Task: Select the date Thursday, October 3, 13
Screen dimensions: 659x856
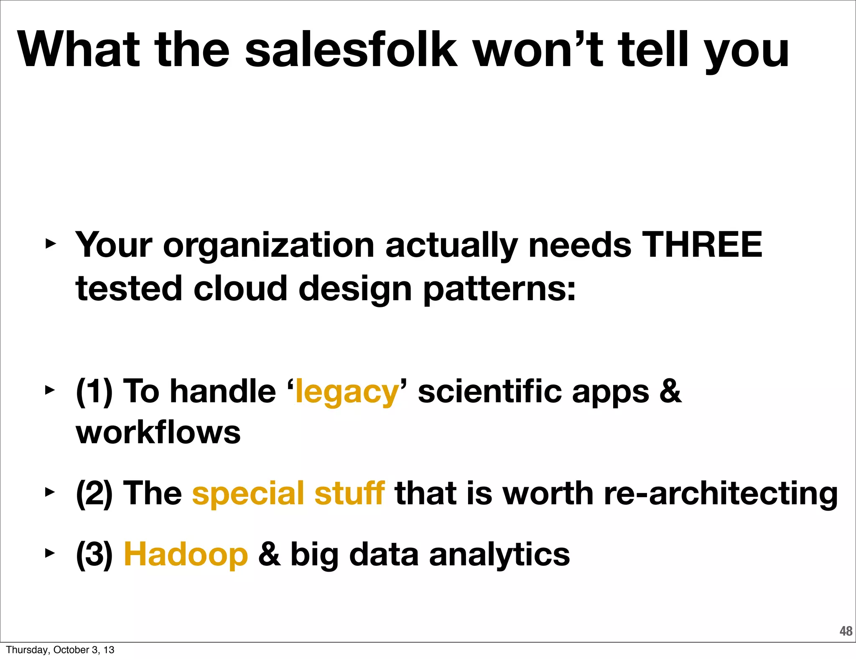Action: (60, 650)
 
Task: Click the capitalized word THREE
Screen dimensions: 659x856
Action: (702, 245)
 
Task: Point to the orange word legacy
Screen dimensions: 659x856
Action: (347, 392)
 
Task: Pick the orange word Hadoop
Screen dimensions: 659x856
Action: (186, 554)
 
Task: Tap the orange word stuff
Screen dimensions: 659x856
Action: (349, 493)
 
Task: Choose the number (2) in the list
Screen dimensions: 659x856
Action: (94, 494)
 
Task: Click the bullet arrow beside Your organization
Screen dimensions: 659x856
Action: (50, 243)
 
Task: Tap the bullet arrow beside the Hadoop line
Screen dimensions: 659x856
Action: (50, 553)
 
